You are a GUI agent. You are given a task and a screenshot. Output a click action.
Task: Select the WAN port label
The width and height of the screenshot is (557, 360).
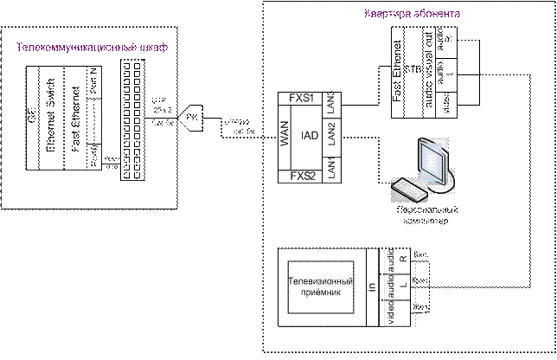285,138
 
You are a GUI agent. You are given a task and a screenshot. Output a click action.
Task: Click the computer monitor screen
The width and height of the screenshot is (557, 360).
431,160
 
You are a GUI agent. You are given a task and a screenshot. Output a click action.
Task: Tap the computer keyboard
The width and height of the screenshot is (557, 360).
407,185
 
